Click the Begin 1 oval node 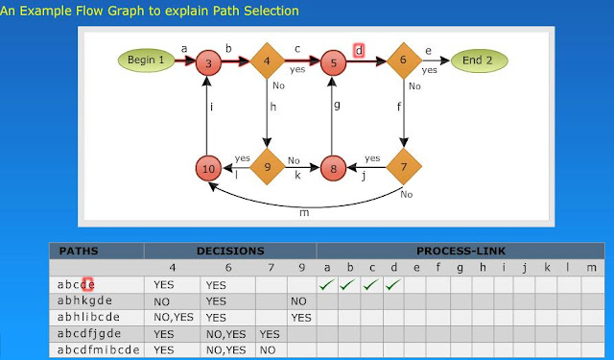tap(146, 60)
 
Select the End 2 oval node tap(480, 60)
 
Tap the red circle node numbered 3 tap(208, 62)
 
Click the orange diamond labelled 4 tap(267, 60)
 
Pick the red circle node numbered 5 tap(333, 62)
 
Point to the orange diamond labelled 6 tap(404, 60)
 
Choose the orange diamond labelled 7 tap(404, 166)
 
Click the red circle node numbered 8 tap(333, 168)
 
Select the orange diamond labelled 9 tap(267, 166)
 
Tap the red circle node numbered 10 tap(208, 168)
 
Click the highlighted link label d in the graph tap(359, 51)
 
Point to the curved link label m tap(304, 213)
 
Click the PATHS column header tap(79, 251)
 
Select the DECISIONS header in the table tap(230, 251)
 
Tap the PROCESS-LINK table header tap(460, 251)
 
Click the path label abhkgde tap(84, 300)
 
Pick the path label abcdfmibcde tap(98, 349)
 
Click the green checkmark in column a tap(326, 285)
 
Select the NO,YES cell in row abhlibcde tap(174, 317)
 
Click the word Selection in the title tap(271, 11)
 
